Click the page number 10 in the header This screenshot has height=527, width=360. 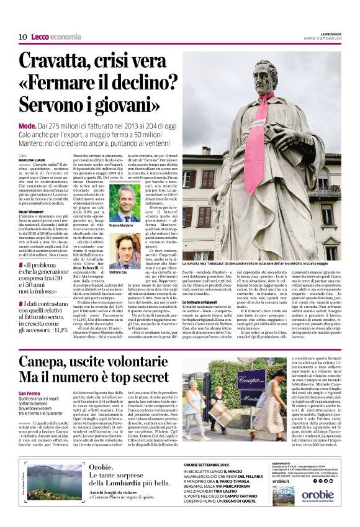[x=22, y=37]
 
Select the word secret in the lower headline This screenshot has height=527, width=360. [x=146, y=377]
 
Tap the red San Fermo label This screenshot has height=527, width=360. [x=30, y=395]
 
